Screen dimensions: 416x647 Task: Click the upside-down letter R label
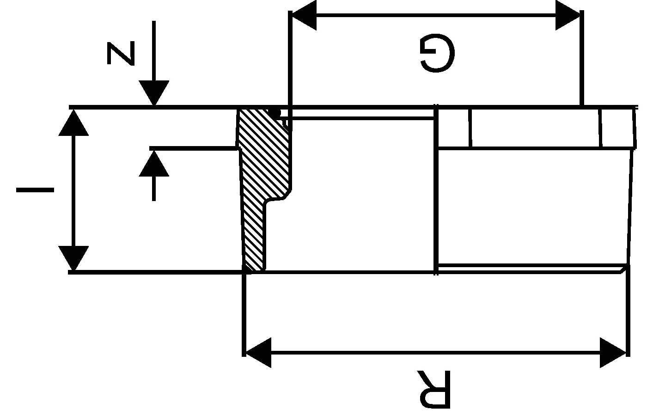pos(433,389)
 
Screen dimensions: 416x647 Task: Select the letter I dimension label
pos(35,190)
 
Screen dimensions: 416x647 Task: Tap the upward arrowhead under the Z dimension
pos(154,163)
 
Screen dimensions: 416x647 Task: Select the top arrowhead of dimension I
pos(73,123)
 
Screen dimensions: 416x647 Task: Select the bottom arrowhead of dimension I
pos(73,258)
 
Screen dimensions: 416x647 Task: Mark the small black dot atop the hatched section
pos(275,112)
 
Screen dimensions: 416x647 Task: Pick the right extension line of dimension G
pos(581,60)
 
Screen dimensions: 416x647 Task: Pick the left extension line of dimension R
pos(244,314)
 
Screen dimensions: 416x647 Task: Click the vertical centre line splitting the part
pos(437,190)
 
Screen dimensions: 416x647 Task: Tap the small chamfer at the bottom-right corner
pos(624,269)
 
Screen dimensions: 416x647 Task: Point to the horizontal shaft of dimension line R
pos(434,353)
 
